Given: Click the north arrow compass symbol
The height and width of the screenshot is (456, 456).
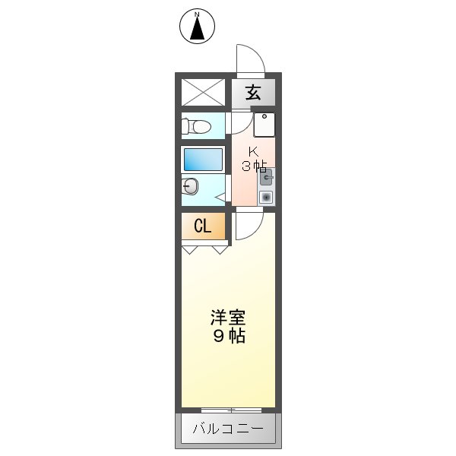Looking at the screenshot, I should tap(198, 27).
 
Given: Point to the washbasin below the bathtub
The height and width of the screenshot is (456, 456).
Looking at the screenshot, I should tap(190, 186).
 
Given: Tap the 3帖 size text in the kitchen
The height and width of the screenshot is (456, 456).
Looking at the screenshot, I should tap(254, 165).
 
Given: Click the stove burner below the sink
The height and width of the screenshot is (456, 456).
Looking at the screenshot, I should tap(266, 197).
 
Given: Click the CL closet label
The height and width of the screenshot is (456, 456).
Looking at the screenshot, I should tap(202, 226).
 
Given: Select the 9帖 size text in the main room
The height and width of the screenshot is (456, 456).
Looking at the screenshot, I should tap(228, 336).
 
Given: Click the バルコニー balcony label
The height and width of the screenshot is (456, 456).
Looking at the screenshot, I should tap(228, 429).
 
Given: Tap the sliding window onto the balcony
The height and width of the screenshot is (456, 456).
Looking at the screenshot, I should tap(228, 410).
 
